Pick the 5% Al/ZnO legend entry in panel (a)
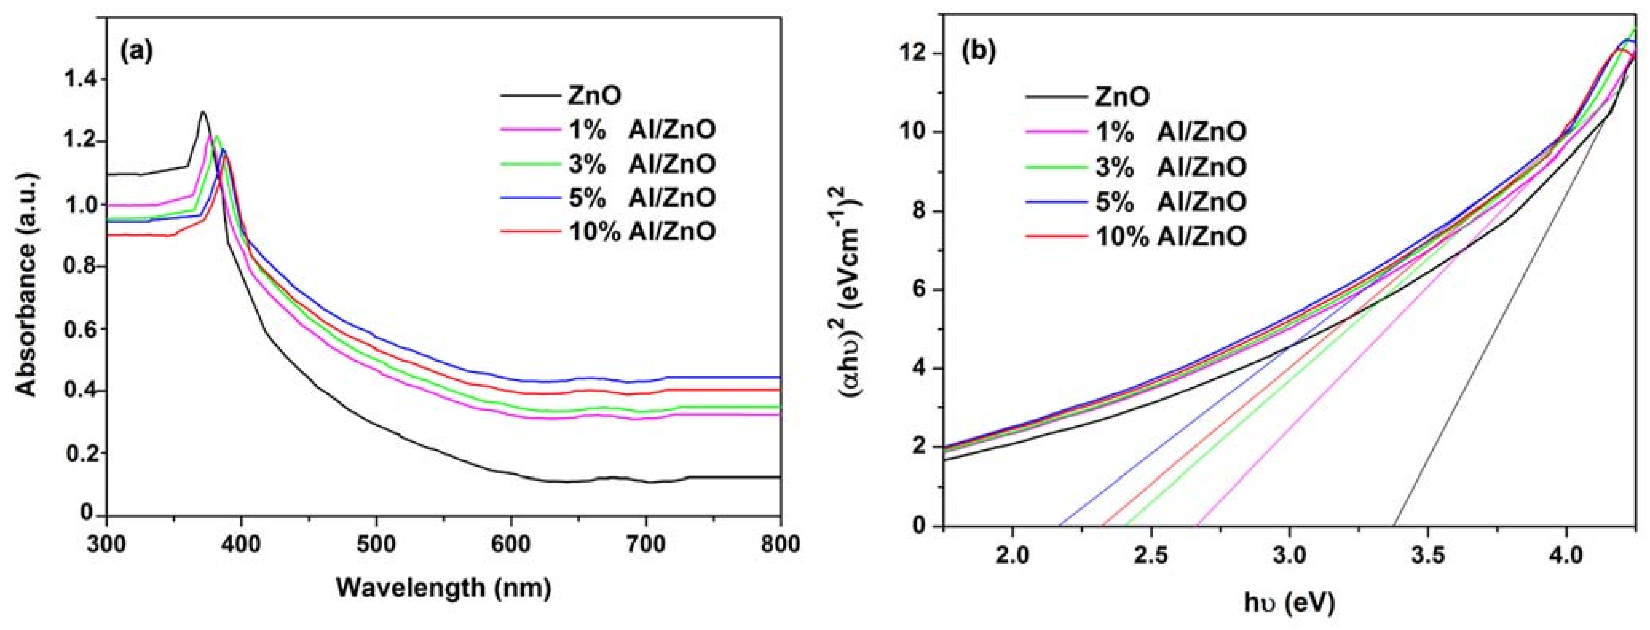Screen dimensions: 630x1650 click(641, 197)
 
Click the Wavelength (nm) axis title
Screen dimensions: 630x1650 click(443, 586)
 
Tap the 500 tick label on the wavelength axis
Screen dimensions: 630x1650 click(376, 545)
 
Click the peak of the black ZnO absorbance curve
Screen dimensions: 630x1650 click(203, 112)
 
